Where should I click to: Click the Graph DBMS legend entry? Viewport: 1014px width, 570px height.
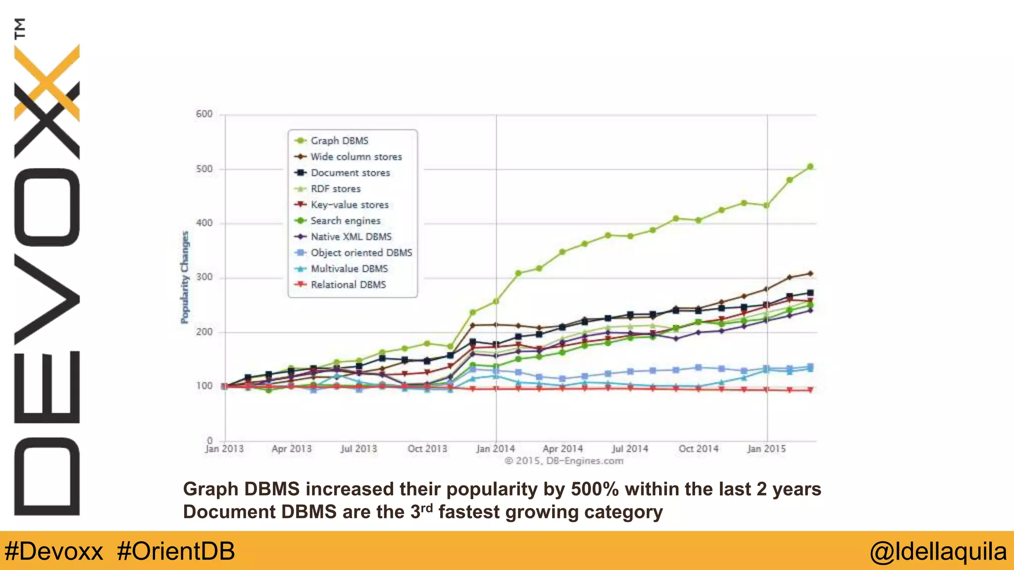(x=339, y=141)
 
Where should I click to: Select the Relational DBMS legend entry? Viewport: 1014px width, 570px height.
(x=348, y=285)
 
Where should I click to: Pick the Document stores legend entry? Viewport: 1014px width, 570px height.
(x=350, y=173)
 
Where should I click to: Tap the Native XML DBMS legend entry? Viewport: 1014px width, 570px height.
(x=351, y=237)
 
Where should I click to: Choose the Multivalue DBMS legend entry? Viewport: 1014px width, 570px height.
(x=349, y=269)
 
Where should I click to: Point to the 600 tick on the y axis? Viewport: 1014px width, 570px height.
(x=204, y=114)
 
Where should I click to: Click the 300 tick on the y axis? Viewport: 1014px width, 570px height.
(x=204, y=277)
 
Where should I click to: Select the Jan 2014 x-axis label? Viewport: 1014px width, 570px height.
(x=495, y=449)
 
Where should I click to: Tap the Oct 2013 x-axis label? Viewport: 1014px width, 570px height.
(x=427, y=449)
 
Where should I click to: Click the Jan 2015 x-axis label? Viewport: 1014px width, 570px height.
(x=766, y=449)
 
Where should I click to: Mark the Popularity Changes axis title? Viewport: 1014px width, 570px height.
(x=185, y=277)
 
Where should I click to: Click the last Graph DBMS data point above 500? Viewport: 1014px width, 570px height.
(x=810, y=167)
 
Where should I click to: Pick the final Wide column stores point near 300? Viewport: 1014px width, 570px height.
(x=810, y=273)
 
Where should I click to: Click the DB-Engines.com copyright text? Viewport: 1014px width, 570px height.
(x=564, y=461)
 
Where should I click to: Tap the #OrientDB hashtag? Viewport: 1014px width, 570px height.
(x=176, y=551)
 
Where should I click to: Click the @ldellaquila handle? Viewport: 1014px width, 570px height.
(x=938, y=551)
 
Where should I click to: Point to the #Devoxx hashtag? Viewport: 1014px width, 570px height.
(x=53, y=551)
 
